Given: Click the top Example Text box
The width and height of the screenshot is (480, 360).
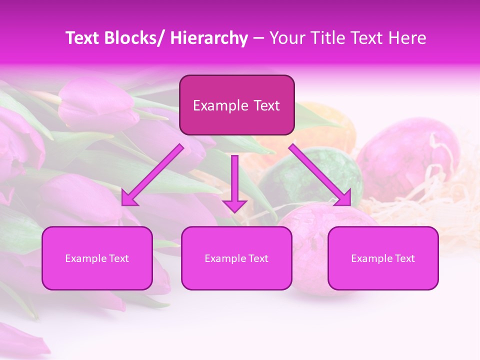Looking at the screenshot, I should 236,105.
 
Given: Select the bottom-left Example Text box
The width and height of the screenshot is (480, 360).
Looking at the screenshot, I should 97,258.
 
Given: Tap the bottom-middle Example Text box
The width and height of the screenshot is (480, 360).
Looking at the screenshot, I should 236,258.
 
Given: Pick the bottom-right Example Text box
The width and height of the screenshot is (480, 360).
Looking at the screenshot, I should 383,258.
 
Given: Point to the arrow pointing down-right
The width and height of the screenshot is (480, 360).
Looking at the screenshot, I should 320,175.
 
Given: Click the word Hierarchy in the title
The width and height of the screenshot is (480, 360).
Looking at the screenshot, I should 208,38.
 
